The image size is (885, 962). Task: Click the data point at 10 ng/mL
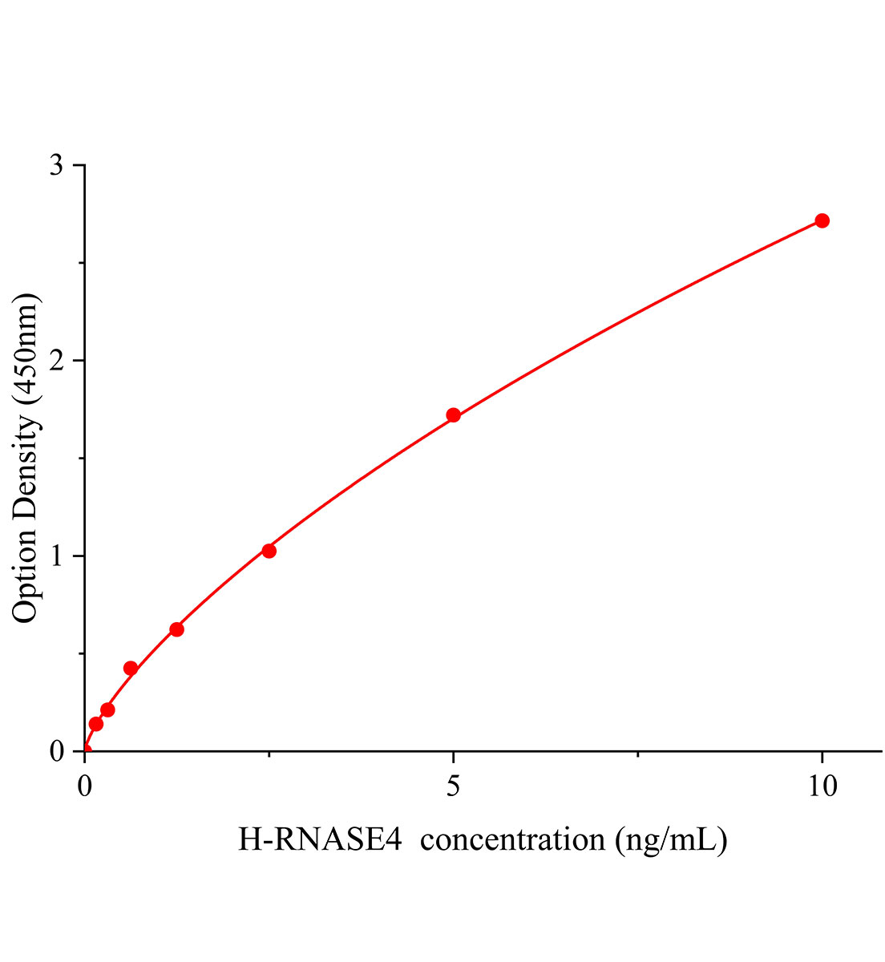[822, 220]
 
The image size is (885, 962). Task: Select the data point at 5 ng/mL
[453, 414]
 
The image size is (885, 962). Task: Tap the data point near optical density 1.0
[269, 551]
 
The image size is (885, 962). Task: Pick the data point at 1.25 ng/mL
[176, 629]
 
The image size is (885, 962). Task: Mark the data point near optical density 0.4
[131, 668]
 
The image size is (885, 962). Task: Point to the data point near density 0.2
[107, 709]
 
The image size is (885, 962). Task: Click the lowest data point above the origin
[95, 724]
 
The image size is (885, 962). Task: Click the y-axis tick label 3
[56, 165]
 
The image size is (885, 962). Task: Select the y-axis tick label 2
[56, 361]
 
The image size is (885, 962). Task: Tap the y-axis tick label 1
[56, 556]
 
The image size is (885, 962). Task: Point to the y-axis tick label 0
[56, 751]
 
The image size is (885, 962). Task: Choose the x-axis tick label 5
[453, 786]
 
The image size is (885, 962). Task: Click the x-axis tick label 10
[822, 786]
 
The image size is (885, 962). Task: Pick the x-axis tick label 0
[85, 786]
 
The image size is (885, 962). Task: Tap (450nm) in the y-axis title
[26, 350]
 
